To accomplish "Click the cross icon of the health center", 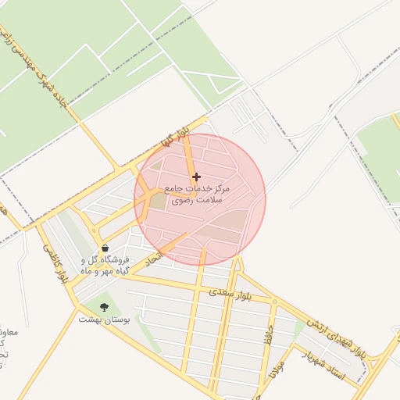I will tap(196, 177).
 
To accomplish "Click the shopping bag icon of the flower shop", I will tap(105, 248).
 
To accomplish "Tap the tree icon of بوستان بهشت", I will tap(105, 307).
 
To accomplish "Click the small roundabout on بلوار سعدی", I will tap(274, 301).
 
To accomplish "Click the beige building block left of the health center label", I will tap(158, 200).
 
